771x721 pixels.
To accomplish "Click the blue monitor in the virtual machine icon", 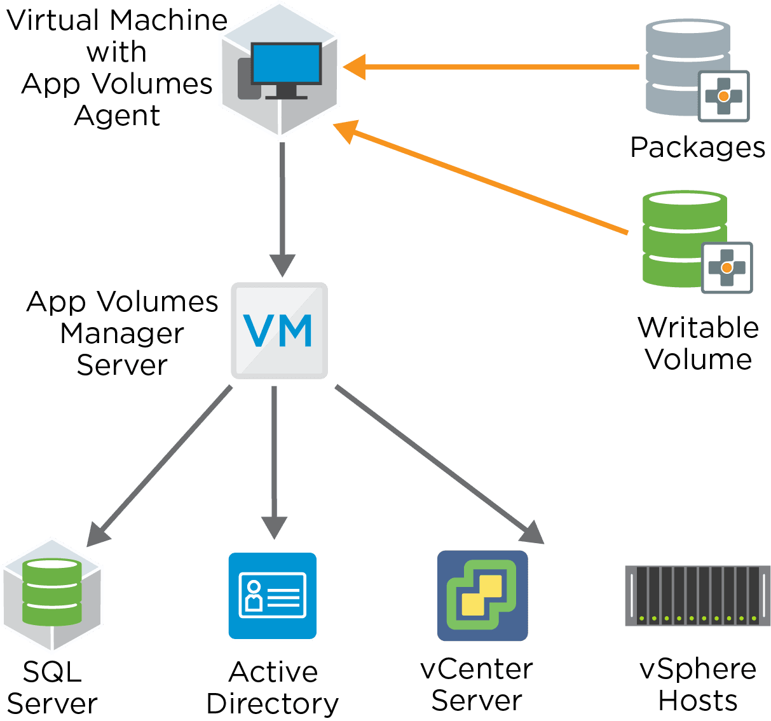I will click(x=285, y=64).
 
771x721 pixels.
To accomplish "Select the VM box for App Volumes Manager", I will click(x=279, y=331).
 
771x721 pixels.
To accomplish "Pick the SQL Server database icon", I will click(x=51, y=593).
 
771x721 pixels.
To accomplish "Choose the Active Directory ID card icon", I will click(x=273, y=596).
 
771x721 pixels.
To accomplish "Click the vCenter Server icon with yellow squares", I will click(x=482, y=596).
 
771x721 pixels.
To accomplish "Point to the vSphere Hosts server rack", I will click(x=697, y=596).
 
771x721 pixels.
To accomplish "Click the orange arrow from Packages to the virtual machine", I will click(x=496, y=67).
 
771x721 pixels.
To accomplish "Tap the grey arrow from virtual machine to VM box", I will click(x=282, y=203).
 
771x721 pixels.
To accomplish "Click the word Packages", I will click(x=697, y=147).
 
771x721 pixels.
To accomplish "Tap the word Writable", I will click(x=698, y=328).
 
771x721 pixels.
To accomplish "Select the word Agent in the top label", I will click(x=117, y=116).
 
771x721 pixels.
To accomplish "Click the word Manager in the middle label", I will click(x=122, y=334).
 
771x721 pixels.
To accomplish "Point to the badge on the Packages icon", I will click(x=723, y=96).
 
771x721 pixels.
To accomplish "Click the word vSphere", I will click(x=697, y=669).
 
